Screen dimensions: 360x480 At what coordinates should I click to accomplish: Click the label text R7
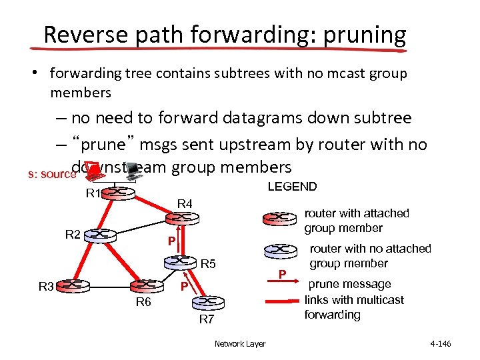tap(207, 319)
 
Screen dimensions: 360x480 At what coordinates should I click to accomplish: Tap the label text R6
tap(143, 303)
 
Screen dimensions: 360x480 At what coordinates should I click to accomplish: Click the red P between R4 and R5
tap(172, 241)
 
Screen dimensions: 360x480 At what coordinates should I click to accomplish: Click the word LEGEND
tap(292, 187)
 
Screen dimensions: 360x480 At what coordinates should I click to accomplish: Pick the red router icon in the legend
tap(280, 218)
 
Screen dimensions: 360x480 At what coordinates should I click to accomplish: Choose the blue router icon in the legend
tap(280, 250)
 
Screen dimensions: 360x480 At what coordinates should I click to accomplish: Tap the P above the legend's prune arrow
tap(282, 273)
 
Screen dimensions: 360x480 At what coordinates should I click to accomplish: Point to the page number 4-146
tap(441, 344)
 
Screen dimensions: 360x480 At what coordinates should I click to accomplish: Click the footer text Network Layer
tap(240, 344)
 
